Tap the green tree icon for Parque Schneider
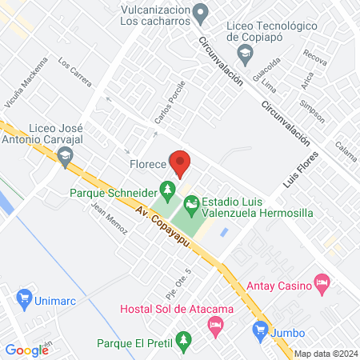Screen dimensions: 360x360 (167, 190)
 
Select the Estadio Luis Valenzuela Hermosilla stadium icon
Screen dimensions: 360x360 (191, 205)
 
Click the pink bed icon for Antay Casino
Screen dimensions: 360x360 (322, 282)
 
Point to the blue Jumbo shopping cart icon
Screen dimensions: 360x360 (259, 328)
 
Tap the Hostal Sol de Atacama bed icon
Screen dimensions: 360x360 (214, 324)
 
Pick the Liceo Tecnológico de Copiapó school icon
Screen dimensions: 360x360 (245, 53)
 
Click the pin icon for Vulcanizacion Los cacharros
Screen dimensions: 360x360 (202, 14)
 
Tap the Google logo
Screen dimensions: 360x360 (27, 350)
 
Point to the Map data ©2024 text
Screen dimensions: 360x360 (325, 354)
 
